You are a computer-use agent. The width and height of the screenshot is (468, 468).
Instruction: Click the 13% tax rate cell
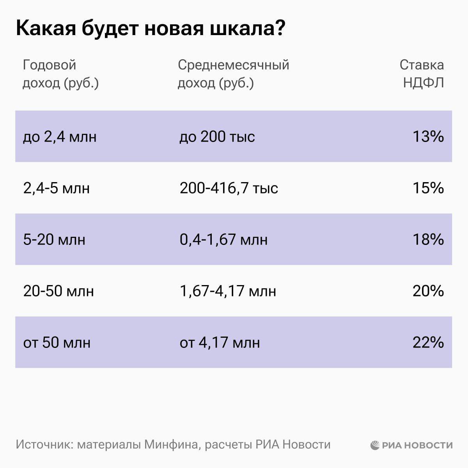428,136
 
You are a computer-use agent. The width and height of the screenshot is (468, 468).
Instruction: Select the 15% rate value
428,188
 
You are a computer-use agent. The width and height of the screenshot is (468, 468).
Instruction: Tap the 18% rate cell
428,239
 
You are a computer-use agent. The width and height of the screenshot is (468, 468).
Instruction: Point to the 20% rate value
428,291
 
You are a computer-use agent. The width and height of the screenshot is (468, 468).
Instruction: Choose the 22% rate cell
428,342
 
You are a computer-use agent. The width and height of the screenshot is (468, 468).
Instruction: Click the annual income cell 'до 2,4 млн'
60,136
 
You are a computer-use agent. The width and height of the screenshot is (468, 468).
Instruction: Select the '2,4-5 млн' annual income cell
57,188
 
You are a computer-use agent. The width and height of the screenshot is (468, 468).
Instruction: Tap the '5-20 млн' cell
54,239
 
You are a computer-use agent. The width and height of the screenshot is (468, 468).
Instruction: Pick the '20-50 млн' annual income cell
58,291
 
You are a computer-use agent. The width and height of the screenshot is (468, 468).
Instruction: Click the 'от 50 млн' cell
57,342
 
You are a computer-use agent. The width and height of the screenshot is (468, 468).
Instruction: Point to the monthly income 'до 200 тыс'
217,136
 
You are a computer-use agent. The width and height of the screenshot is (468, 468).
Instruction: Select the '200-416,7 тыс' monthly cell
229,188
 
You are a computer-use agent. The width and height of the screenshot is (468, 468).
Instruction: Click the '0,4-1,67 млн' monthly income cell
223,239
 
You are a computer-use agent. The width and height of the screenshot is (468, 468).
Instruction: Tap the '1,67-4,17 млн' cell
228,291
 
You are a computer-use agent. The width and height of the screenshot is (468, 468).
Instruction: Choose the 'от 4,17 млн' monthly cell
220,342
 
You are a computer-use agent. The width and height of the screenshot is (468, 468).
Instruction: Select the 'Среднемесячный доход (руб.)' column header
233,74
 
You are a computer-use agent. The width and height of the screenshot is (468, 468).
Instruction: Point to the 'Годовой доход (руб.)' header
60,74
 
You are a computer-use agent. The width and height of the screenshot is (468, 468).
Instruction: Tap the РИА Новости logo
411,445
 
